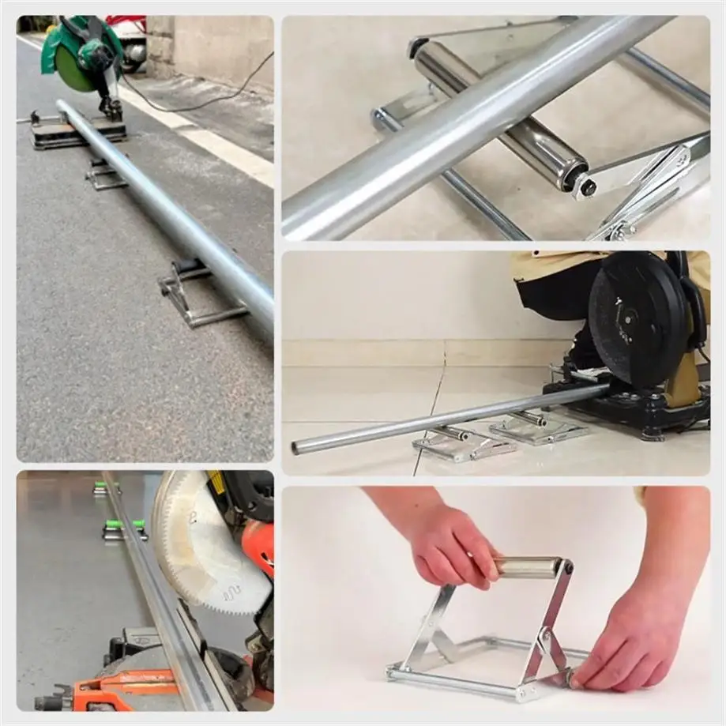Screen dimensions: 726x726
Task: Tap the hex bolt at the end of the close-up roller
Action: pos(588,187)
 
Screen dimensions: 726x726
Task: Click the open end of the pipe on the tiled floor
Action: pos(297,449)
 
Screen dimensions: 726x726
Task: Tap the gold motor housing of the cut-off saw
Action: pos(683,387)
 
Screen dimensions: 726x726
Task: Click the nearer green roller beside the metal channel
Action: pos(125,525)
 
